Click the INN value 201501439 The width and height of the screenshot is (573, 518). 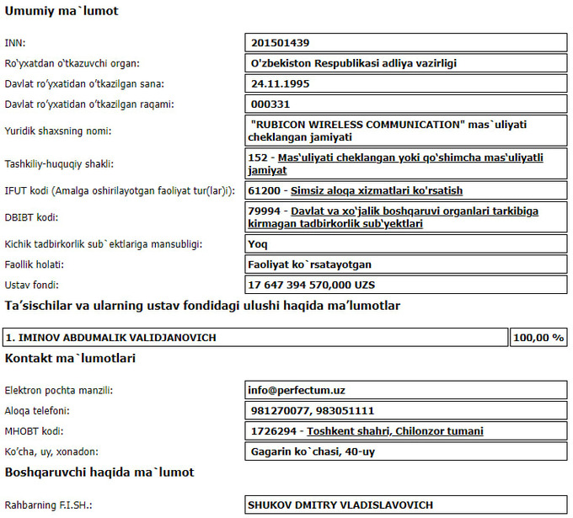286,42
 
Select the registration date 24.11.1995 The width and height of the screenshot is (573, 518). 281,83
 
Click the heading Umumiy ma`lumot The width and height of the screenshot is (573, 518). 62,12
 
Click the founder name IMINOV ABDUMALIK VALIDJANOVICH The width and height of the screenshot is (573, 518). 110,338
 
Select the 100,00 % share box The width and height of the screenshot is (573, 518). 538,338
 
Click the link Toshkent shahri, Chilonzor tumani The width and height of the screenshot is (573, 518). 395,431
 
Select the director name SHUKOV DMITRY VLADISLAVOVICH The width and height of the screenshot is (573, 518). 340,505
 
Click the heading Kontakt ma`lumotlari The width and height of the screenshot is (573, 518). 70,358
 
